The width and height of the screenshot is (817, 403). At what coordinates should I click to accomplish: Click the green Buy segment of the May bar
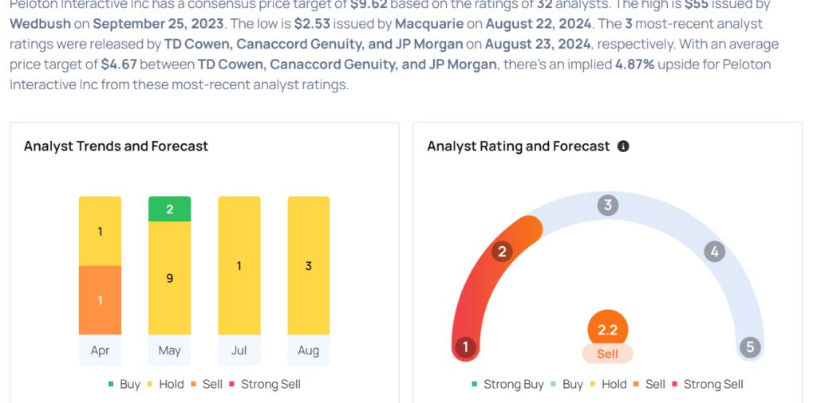169,209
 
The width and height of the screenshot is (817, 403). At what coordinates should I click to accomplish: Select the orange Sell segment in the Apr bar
100,300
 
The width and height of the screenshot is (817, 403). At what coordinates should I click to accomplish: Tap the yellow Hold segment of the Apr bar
100,231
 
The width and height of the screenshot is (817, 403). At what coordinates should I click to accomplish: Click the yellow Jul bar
239,265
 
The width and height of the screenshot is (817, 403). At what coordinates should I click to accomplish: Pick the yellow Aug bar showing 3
308,265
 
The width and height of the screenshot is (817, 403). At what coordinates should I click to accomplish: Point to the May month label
169,350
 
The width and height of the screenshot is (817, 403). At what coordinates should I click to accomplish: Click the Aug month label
308,350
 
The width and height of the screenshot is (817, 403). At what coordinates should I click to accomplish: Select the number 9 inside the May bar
169,279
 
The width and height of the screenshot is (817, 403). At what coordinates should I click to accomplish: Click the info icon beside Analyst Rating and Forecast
623,147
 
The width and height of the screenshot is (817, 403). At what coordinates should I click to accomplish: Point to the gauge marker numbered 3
608,205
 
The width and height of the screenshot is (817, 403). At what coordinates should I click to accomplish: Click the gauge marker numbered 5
749,347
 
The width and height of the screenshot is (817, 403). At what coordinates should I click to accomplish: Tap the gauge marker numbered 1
465,347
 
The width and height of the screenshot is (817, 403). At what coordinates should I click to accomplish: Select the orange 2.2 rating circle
608,329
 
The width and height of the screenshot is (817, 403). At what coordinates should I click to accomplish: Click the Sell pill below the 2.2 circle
608,353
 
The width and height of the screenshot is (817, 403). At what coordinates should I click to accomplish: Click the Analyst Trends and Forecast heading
116,146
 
